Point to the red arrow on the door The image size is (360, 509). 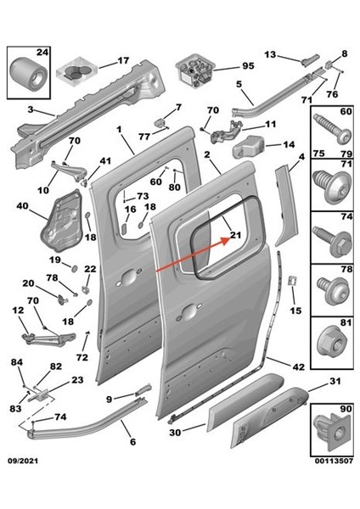(192, 257)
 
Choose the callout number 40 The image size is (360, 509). (22, 205)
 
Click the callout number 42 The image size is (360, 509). (298, 367)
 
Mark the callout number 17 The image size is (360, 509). (124, 60)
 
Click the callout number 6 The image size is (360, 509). (132, 441)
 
